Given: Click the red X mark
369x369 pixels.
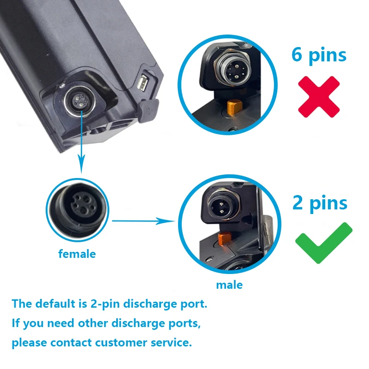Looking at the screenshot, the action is point(319,97).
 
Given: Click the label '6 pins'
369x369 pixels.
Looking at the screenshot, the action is point(319,55).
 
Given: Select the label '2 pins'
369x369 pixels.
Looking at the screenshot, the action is point(320,203).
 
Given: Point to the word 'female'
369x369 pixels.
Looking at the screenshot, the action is point(77,254).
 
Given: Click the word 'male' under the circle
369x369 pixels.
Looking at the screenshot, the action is point(229,285).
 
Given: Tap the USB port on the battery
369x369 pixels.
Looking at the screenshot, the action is point(142,83).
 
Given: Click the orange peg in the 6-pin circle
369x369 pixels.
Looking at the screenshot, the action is point(234,107).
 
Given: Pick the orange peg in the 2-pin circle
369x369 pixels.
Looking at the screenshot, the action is point(224,238).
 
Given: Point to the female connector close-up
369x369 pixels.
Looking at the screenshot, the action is point(77,210).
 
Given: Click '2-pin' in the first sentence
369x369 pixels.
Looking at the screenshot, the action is point(106,304).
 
